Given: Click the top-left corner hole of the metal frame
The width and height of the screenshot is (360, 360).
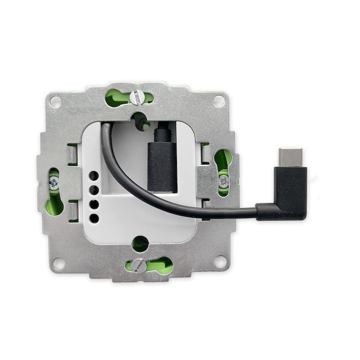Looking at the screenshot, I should coord(56,102).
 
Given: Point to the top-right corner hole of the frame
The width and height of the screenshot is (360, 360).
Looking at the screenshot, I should coord(218,100).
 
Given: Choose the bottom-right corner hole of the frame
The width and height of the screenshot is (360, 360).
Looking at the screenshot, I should coord(220,261).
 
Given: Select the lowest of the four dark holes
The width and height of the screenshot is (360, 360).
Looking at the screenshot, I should coord(94,218).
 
